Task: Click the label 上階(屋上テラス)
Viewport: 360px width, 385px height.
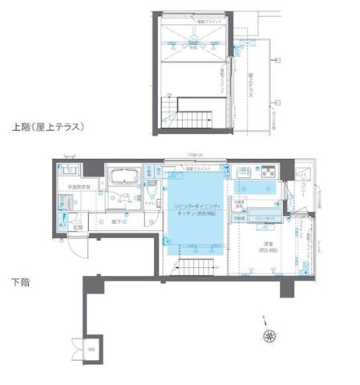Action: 48,127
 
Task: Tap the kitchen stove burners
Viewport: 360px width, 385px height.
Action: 265,172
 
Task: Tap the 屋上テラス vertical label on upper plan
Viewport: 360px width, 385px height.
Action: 251,84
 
